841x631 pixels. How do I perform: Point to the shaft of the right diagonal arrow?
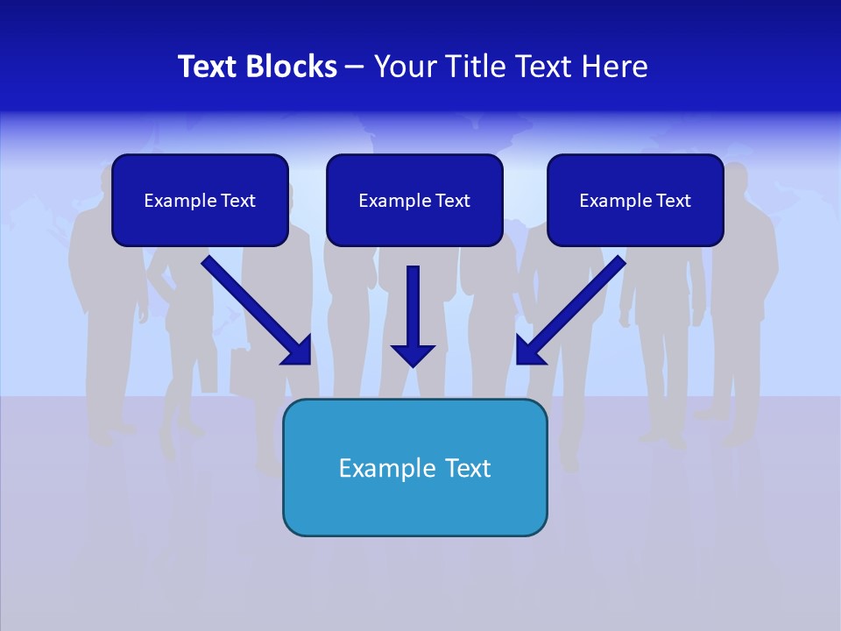point(582,301)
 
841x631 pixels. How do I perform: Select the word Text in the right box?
point(673,201)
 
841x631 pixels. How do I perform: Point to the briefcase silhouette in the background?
point(244,372)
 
